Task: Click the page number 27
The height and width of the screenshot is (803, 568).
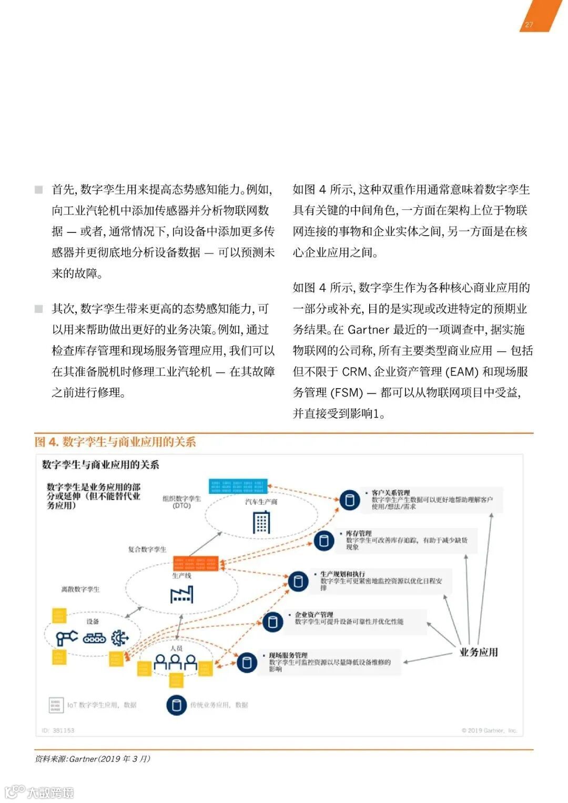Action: tap(529, 25)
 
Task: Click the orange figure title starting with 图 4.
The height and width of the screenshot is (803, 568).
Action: tap(115, 442)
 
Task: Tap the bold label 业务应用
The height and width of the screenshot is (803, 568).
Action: tap(479, 652)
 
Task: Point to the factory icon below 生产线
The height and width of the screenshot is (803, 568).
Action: tap(182, 594)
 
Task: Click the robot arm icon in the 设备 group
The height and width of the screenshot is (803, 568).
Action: tap(66, 638)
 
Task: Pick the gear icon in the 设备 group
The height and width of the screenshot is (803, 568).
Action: tap(120, 638)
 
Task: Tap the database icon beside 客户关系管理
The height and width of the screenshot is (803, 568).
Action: tap(349, 500)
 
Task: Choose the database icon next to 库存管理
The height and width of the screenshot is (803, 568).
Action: tap(324, 540)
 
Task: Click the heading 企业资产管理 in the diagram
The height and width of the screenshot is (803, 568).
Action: tap(314, 614)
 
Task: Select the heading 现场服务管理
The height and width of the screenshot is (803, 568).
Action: tap(288, 655)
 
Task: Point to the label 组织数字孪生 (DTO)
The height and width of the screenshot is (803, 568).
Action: tap(181, 502)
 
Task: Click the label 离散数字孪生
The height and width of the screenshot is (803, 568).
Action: tap(80, 589)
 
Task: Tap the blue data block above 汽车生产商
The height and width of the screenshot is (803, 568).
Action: tap(238, 485)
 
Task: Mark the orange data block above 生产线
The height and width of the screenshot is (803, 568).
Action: tap(196, 564)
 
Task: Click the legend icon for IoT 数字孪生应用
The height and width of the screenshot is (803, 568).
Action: tap(56, 705)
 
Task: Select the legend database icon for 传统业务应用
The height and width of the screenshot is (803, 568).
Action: tap(177, 705)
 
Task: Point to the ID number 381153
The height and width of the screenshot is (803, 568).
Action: tap(58, 730)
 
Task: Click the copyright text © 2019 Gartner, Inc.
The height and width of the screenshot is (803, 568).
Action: tap(489, 730)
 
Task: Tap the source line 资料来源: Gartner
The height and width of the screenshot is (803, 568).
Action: tap(93, 759)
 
